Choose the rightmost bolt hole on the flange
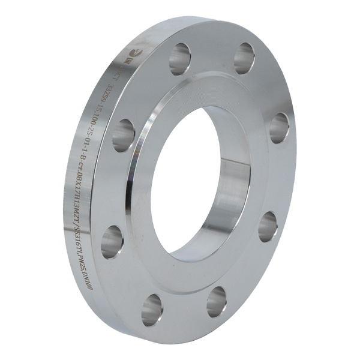(279, 128)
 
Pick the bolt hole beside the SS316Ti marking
(112, 241)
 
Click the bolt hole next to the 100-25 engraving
(124, 134)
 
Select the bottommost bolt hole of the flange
(152, 309)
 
